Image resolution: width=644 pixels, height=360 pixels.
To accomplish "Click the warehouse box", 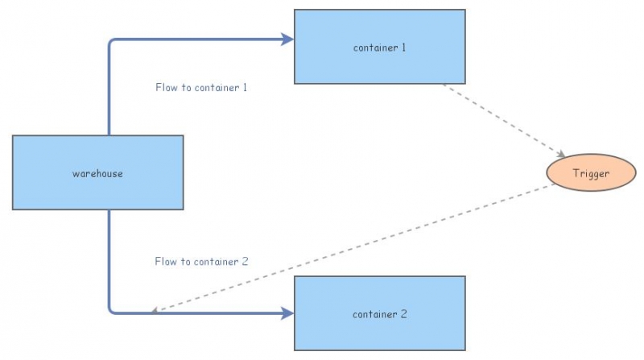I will pyautogui.click(x=97, y=173).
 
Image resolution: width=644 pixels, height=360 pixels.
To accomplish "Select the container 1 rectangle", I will pyautogui.click(x=379, y=47).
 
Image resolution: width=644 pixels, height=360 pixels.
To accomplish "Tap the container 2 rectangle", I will pyautogui.click(x=379, y=313).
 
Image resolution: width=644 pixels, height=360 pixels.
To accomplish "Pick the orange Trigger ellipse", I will pyautogui.click(x=591, y=173).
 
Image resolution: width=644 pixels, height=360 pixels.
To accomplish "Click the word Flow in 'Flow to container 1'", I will pyautogui.click(x=167, y=87).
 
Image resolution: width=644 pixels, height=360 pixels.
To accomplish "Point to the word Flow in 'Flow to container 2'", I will pyautogui.click(x=166, y=262).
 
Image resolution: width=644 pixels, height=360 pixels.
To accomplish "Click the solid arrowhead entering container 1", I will pyautogui.click(x=287, y=38).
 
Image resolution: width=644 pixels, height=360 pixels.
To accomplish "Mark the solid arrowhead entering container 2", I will pyautogui.click(x=287, y=312).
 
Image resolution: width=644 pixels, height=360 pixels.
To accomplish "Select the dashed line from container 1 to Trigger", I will pyautogui.click(x=503, y=120).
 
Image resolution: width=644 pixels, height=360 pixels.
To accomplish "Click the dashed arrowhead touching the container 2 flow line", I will pyautogui.click(x=156, y=310).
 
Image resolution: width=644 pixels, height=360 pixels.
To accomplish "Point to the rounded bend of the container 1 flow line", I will pyautogui.click(x=112, y=41).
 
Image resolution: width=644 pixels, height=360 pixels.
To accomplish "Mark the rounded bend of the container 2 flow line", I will pyautogui.click(x=112, y=309).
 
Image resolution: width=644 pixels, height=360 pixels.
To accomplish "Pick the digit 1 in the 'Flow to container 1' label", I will pyautogui.click(x=244, y=87).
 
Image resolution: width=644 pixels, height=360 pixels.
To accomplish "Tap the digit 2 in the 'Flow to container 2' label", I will pyautogui.click(x=245, y=262).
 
